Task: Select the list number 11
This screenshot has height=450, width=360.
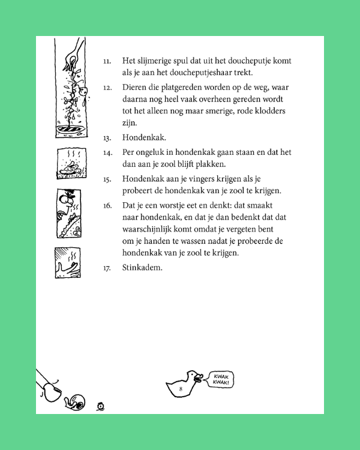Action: [x=107, y=61]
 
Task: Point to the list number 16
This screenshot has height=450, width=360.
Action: [x=107, y=205]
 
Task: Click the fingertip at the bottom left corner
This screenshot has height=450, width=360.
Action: [x=53, y=393]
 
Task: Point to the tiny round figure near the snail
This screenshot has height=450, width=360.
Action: [x=101, y=406]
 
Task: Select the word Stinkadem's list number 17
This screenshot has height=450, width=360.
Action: [x=107, y=268]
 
